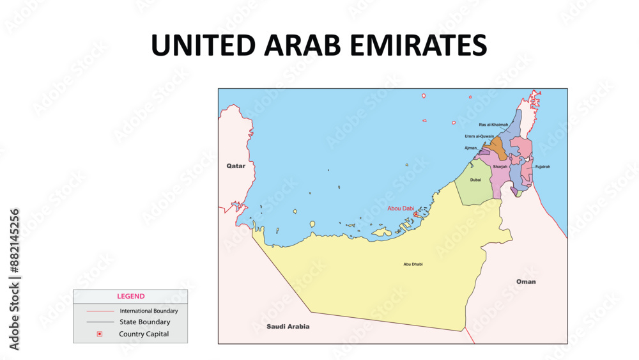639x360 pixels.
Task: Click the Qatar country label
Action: point(236,166)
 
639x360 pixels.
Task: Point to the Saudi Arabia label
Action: point(288,326)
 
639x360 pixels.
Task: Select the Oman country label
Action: point(526,281)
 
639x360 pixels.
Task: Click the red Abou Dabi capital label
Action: point(401,208)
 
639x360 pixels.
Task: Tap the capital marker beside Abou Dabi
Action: point(417,215)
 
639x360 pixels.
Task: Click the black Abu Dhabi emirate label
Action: point(413,264)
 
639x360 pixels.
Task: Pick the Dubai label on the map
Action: point(475,180)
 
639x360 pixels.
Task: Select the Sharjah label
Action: point(500,167)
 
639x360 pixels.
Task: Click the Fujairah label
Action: point(543,166)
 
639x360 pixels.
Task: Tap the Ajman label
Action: point(470,148)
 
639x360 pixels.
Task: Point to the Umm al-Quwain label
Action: point(479,136)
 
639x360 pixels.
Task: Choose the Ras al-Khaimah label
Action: point(493,125)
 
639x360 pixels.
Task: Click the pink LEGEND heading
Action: point(130,296)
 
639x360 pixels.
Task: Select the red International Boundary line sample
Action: point(100,311)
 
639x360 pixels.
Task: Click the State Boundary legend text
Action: point(145,322)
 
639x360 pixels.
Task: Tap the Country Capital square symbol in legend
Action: point(100,334)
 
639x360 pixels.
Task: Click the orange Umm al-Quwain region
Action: point(495,152)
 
